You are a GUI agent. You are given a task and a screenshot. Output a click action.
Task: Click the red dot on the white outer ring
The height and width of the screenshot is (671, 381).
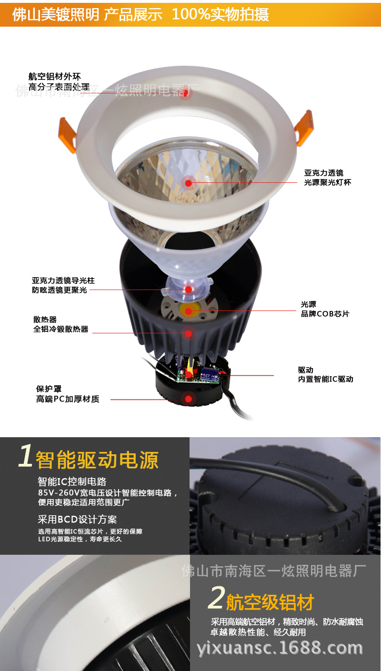pos(186,93)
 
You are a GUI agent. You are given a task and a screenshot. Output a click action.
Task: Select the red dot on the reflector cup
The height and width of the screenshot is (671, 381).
pos(189,183)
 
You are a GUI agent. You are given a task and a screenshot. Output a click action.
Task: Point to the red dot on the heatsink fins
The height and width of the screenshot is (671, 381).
pos(189,333)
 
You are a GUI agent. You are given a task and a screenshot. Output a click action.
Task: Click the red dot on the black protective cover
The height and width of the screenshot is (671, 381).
pos(189,399)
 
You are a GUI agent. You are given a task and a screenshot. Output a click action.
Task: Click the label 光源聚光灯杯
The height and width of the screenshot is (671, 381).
pos(327,182)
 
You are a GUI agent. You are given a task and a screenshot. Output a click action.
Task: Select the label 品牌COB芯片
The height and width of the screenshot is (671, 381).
pos(325,314)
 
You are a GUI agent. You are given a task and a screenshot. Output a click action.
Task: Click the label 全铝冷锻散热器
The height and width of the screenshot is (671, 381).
pos(61,329)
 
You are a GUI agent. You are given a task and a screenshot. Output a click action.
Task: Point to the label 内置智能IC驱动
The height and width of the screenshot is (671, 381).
pos(326,379)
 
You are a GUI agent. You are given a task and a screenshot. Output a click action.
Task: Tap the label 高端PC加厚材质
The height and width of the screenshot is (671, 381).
pos(68,399)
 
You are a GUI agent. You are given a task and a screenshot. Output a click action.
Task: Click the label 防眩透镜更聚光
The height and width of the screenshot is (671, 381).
pos(60,290)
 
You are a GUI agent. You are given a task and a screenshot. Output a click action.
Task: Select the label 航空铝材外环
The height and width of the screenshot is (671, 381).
pos(54,76)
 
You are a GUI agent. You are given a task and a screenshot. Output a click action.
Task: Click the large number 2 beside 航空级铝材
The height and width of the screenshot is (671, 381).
pos(216,598)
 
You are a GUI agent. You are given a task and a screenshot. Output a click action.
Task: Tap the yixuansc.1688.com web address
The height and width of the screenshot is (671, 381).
pos(280,648)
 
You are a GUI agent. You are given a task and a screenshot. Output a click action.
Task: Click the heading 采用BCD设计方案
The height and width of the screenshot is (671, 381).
pos(77,519)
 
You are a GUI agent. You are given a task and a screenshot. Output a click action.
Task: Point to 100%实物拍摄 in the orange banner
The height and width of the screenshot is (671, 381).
pos(220,14)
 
